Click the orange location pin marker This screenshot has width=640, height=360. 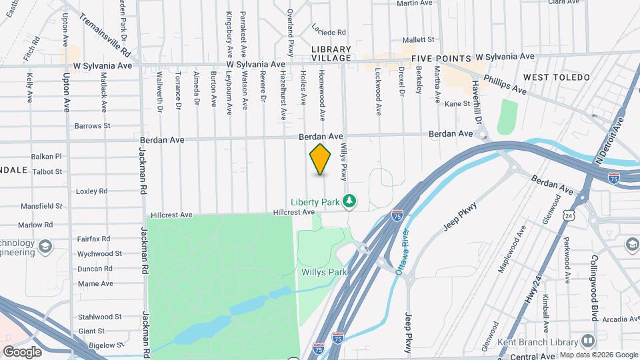321,159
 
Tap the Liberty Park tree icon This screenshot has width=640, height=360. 349,201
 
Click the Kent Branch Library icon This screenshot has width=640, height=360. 587,341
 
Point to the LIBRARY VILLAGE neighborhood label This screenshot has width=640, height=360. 331,53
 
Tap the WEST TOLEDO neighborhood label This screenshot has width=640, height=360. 557,77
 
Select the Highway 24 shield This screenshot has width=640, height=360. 568,216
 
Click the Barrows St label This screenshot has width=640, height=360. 92,125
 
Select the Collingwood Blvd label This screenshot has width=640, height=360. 594,287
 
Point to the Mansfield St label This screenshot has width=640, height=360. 41,207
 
